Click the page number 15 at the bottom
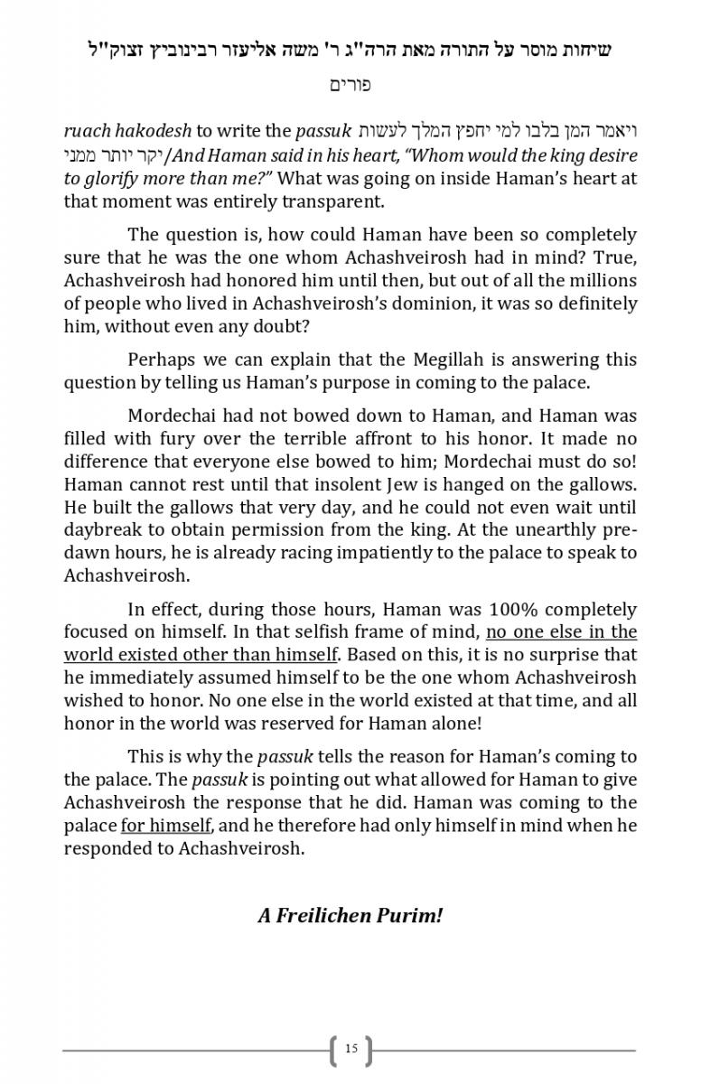coord(350,1049)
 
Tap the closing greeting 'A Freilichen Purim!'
coord(350,915)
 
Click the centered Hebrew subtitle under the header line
coord(350,86)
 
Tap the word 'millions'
coord(602,280)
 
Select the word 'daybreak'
coord(103,530)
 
